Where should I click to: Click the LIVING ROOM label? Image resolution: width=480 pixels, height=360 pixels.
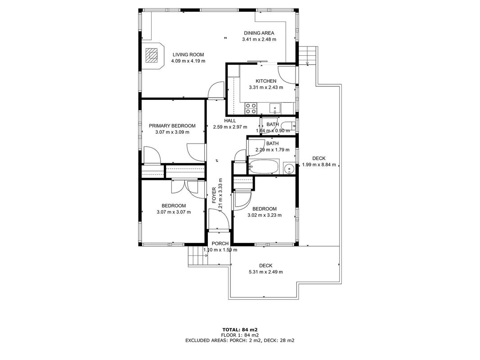coord(188,55)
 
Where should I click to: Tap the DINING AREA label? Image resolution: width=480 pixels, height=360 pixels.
coord(259,33)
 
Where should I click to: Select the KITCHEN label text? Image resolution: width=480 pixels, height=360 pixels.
coord(266,81)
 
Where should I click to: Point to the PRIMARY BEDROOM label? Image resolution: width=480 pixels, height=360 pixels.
coord(172,126)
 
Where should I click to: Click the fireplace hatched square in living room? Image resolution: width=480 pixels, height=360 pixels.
coord(152,55)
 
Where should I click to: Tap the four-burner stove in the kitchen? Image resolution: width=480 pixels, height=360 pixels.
coord(251,108)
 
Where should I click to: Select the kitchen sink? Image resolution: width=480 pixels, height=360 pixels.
coord(275,108)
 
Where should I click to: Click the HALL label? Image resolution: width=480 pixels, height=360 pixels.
coord(230,121)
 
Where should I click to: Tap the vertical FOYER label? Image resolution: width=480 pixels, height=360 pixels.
coord(214,195)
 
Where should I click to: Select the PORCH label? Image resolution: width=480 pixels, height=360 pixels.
coord(220,243)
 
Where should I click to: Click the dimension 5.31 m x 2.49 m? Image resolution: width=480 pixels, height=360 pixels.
coord(265,272)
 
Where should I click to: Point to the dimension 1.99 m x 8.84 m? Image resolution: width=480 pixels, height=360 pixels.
coord(319,165)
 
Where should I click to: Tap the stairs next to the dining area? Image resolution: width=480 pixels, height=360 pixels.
coord(308,55)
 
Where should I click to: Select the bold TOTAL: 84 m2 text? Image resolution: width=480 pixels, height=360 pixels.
coord(240,330)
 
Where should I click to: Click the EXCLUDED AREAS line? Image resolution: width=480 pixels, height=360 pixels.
coord(240,340)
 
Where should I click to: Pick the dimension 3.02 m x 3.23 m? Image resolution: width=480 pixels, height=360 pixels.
coord(265,215)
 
